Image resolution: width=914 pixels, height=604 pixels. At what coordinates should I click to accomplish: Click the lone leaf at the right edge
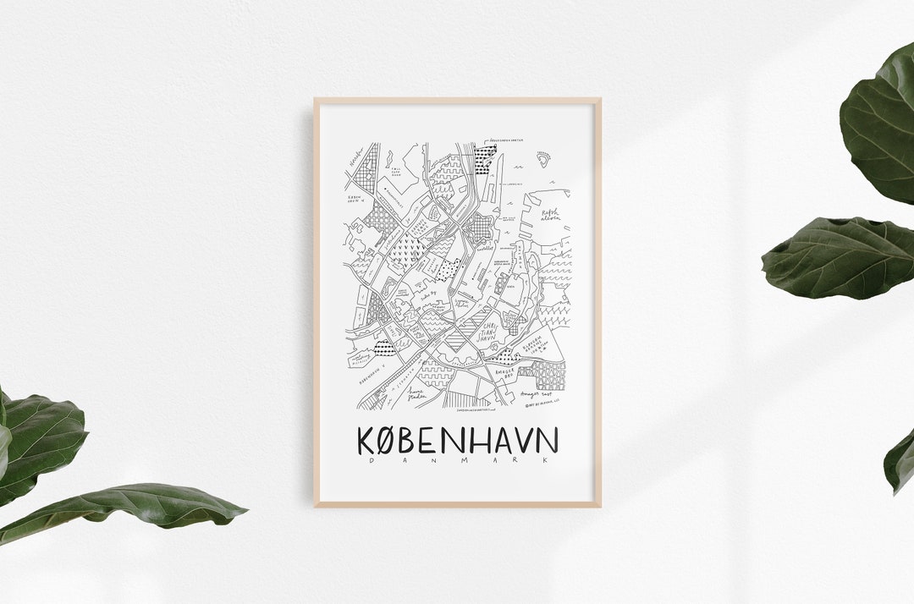pos(900,461)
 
